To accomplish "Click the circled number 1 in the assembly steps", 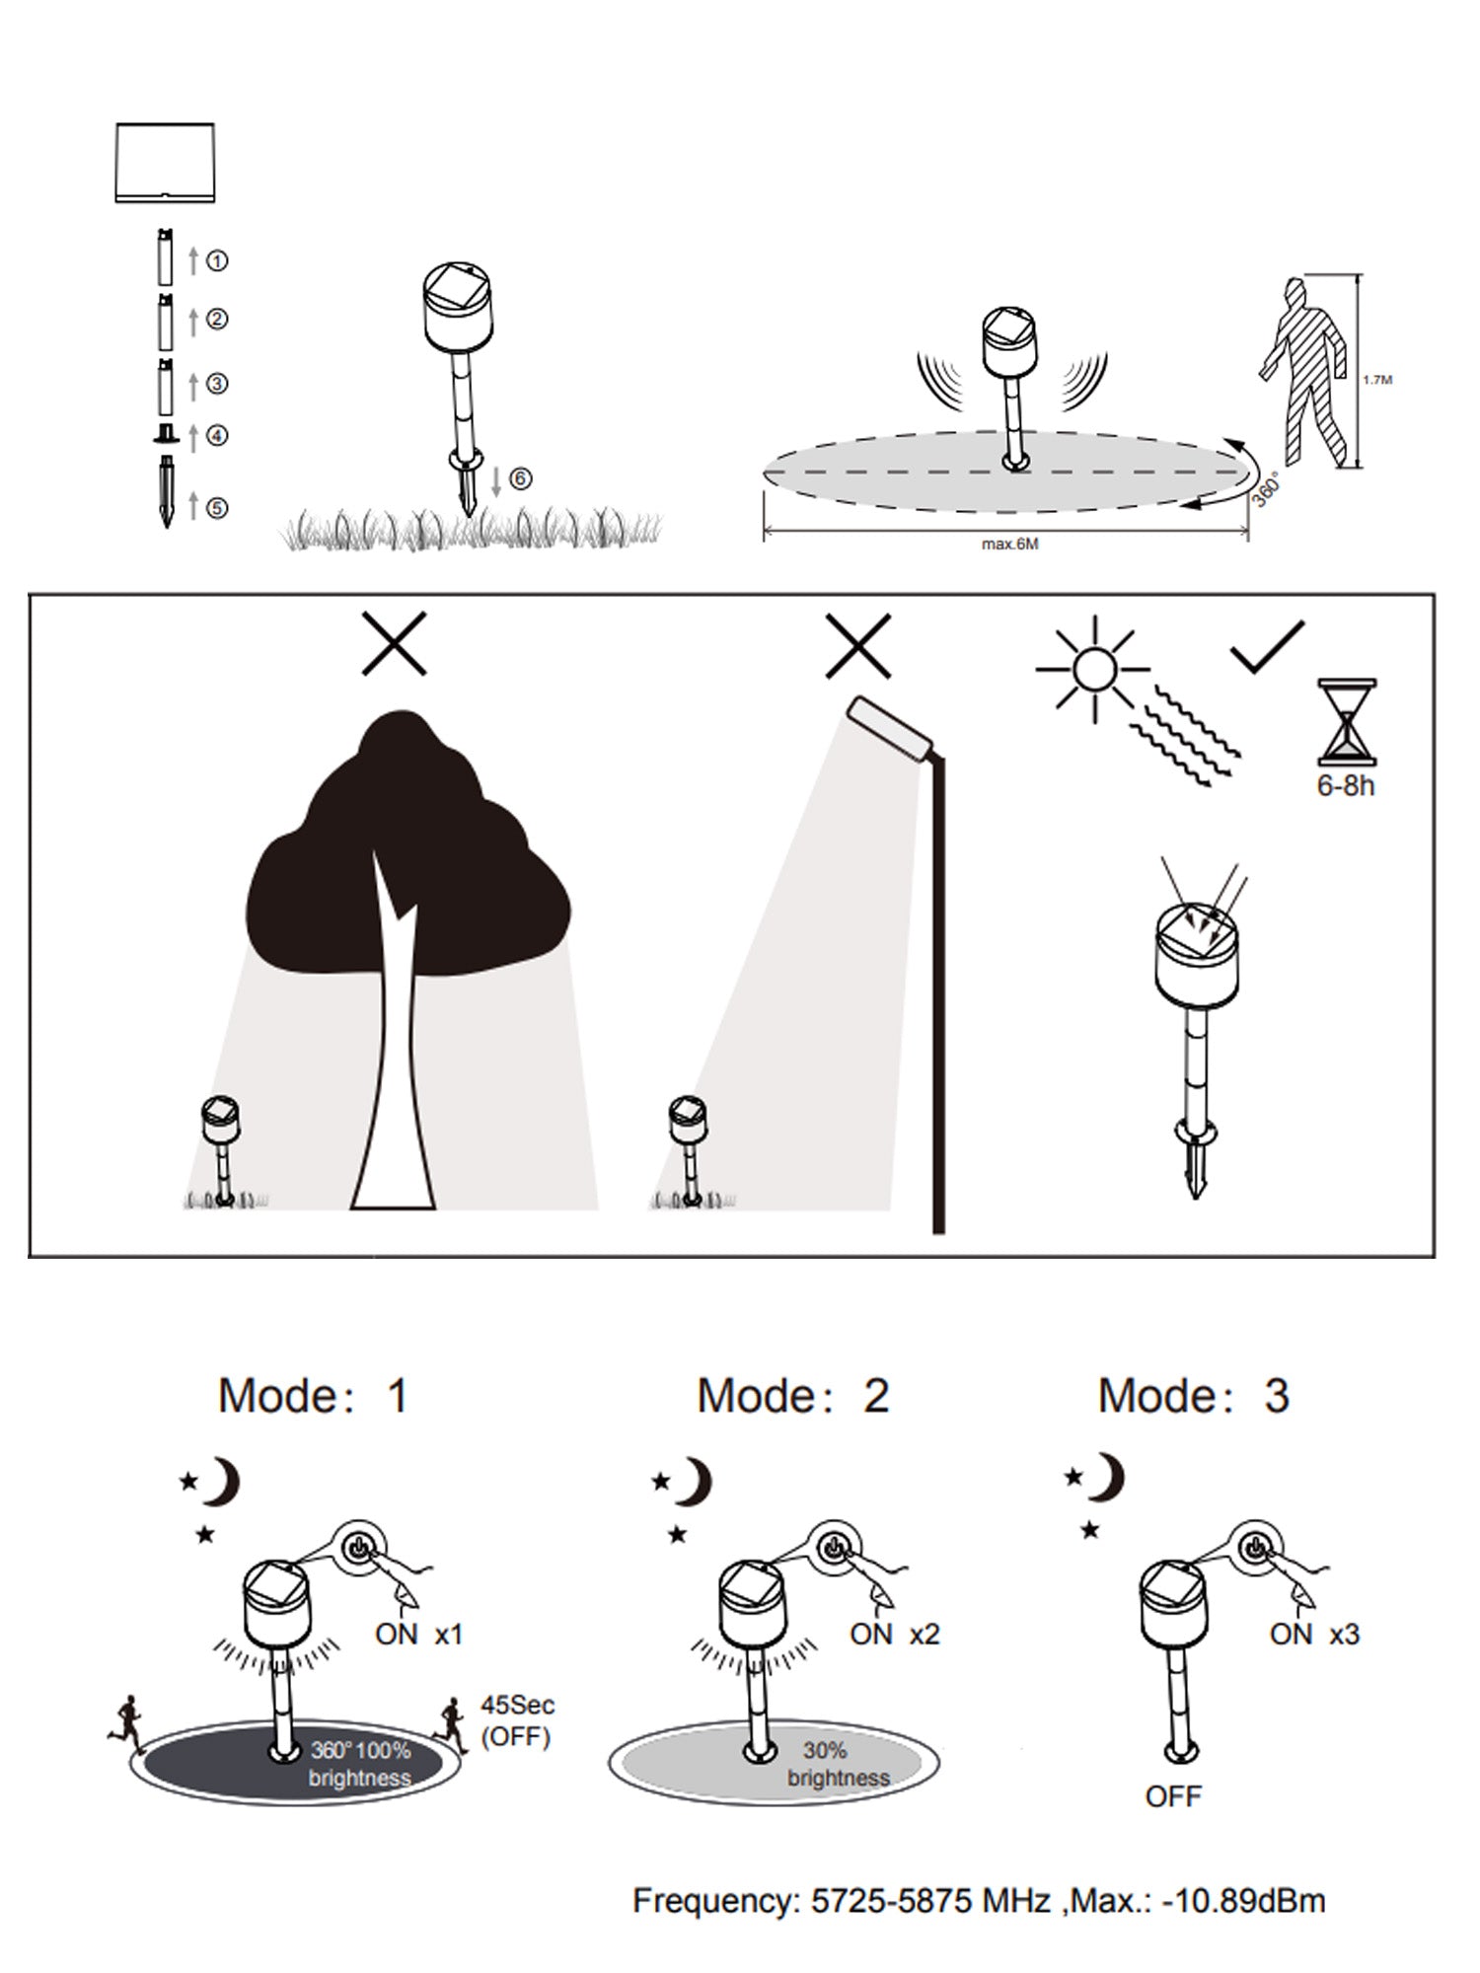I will point(218,260).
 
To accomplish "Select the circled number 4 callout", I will point(218,435).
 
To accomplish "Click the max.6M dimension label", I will point(1009,544).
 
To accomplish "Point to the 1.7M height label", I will point(1377,379).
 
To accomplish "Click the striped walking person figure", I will point(1305,373).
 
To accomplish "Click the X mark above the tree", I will point(394,643).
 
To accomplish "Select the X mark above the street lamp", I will point(858,645).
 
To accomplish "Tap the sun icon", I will point(1093,670).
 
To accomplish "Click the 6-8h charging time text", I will point(1346,786).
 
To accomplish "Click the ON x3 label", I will point(1314,1635).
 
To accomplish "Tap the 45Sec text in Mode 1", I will point(518,1705).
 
